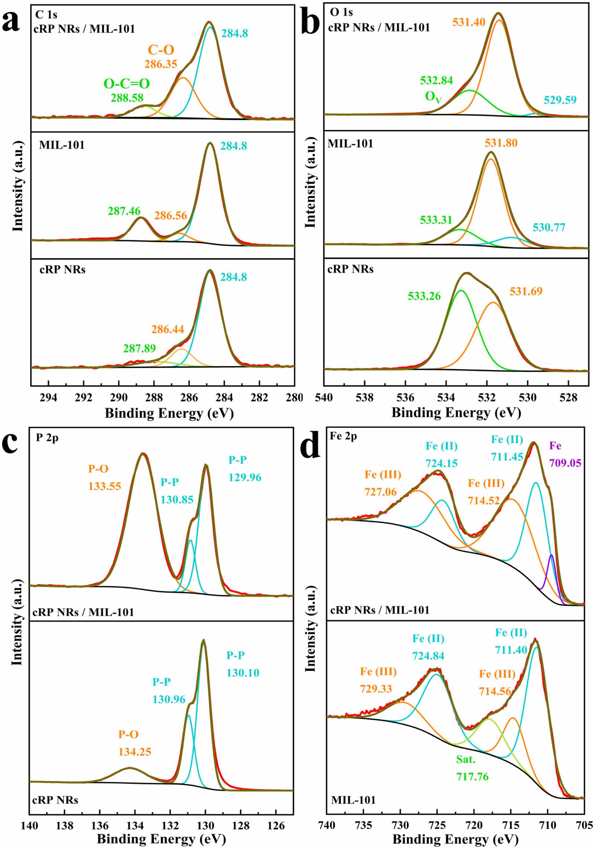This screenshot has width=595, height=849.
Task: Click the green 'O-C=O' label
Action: [x=126, y=84]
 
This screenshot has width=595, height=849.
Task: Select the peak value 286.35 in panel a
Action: [x=161, y=64]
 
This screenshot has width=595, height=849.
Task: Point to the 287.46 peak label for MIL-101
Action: [x=124, y=211]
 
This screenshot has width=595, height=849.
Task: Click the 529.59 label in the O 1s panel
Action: [x=560, y=100]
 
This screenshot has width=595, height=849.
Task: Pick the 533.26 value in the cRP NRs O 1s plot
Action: [x=424, y=296]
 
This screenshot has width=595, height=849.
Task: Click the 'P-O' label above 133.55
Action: [x=98, y=469]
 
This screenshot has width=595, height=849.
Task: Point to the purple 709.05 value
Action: [x=565, y=463]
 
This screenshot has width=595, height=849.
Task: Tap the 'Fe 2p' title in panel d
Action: [x=343, y=436]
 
